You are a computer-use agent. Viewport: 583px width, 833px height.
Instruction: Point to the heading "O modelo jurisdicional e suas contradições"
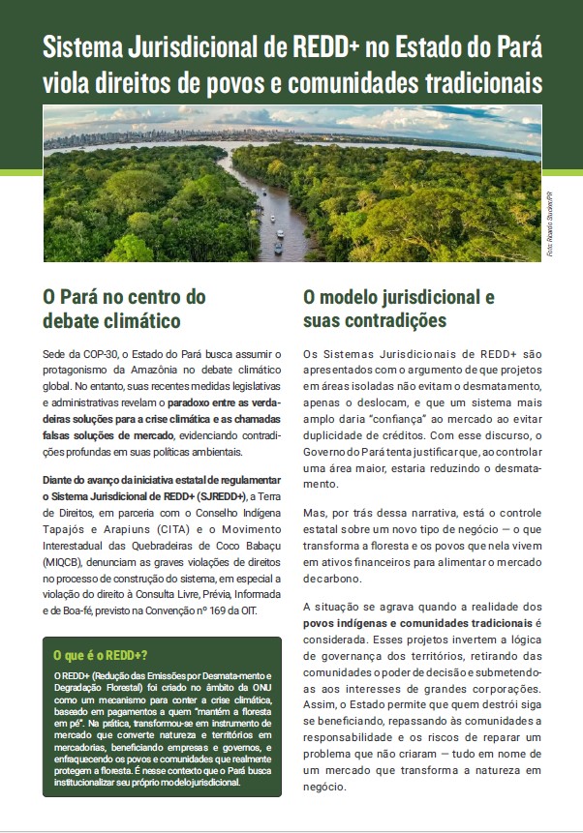398,308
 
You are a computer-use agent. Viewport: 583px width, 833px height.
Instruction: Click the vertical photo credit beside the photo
550,231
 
